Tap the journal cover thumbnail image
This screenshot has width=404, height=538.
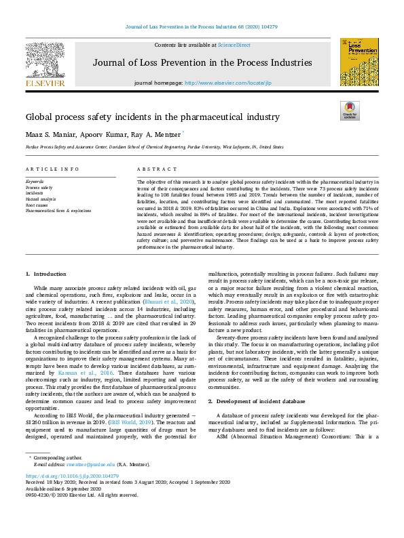pos(359,62)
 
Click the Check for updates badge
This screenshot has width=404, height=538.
pos(350,111)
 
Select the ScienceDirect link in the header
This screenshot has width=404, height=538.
pos(234,45)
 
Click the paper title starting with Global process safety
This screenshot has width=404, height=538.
pos(153,117)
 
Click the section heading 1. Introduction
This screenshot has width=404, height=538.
pos(46,274)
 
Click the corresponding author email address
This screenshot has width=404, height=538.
pos(92,464)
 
